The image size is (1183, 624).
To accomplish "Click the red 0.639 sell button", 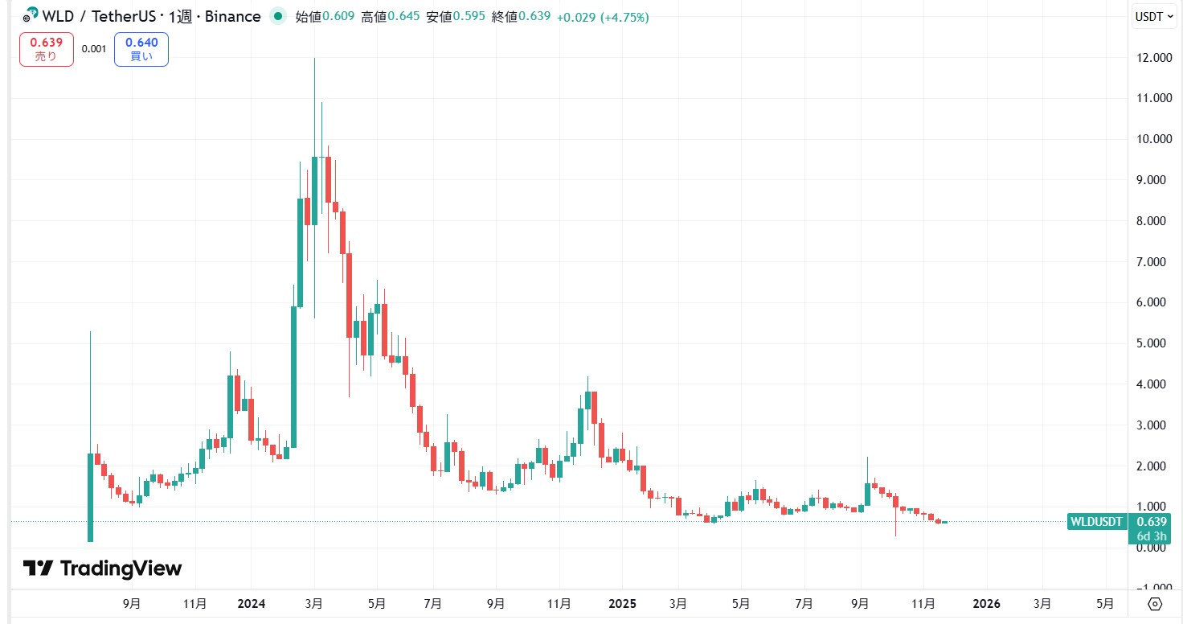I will (x=47, y=49).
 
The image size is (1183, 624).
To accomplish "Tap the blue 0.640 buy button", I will (x=141, y=49).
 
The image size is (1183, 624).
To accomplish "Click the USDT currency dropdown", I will (x=1153, y=16).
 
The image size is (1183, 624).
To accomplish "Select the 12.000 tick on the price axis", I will (x=1149, y=58).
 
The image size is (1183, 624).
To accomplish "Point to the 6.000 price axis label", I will (x=1149, y=302).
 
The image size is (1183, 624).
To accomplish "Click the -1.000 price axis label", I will (x=1149, y=588).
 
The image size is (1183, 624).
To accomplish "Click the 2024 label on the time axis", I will (x=251, y=604).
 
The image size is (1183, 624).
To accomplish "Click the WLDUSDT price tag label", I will (x=1096, y=522).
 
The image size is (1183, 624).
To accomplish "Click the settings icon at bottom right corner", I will (x=1155, y=604).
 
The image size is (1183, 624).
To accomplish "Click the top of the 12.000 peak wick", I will (x=314, y=60).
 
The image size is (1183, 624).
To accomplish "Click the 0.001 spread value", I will (x=94, y=49).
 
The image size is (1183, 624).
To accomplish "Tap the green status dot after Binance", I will (x=278, y=16).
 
